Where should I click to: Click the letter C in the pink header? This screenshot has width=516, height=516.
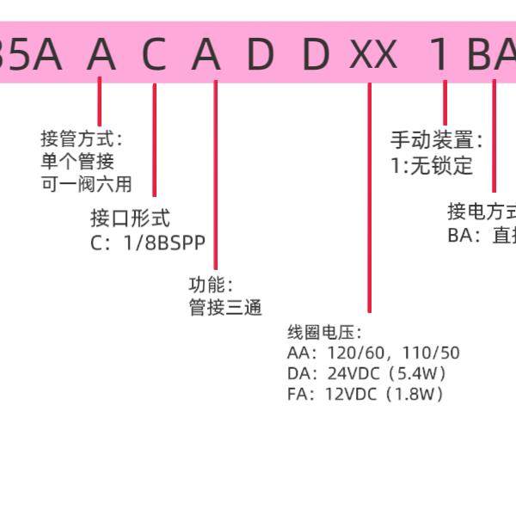pyautogui.click(x=154, y=55)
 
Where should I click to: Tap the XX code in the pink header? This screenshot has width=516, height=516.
pyautogui.click(x=373, y=55)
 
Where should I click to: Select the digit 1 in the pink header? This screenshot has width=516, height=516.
pyautogui.click(x=440, y=55)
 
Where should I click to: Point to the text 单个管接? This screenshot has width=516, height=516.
pyautogui.click(x=77, y=161)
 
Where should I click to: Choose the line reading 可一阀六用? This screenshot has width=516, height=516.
pyautogui.click(x=86, y=183)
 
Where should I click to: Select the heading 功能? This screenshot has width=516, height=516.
pyautogui.click(x=211, y=285)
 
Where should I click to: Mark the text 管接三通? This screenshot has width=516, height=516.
pyautogui.click(x=225, y=307)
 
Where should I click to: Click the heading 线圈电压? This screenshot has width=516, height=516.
pyautogui.click(x=324, y=332)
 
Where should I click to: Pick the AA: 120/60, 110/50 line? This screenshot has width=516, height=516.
pyautogui.click(x=374, y=353)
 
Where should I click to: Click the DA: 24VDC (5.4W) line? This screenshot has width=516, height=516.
pyautogui.click(x=367, y=373)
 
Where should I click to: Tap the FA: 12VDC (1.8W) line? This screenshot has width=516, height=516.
pyautogui.click(x=365, y=395)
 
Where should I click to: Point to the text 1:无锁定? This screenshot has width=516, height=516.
pyautogui.click(x=432, y=166)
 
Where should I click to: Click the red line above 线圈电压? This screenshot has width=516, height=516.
pyautogui.click(x=369, y=198)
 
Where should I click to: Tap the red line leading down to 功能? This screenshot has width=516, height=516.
pyautogui.click(x=215, y=172)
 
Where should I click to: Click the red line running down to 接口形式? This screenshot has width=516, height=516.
pyautogui.click(x=155, y=138)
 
